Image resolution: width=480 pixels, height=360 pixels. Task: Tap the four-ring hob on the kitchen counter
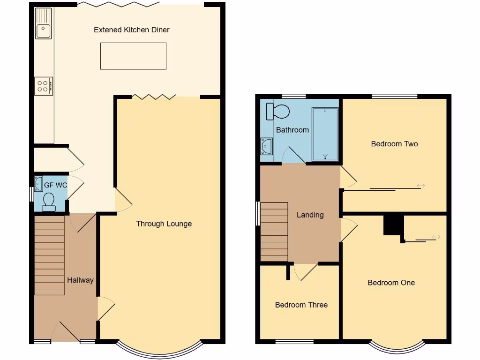click(44, 86)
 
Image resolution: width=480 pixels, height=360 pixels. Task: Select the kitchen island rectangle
click(133, 56)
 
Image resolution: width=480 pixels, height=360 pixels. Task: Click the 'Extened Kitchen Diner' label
click(131, 30)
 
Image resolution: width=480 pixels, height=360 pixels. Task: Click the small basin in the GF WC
click(38, 181)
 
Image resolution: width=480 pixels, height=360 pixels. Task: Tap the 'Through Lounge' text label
click(164, 224)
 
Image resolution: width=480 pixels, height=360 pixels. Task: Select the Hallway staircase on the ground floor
click(49, 255)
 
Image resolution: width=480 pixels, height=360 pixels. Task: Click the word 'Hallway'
click(80, 280)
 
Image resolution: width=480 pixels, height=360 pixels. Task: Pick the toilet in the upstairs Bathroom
click(277, 111)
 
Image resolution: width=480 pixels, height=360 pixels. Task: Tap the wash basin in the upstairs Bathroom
click(266, 146)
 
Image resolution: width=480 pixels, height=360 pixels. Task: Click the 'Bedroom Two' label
click(394, 143)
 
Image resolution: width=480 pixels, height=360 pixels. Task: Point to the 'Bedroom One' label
click(391, 282)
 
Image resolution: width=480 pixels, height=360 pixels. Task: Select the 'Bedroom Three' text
click(301, 305)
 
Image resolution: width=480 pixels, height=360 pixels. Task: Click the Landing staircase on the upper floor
click(274, 232)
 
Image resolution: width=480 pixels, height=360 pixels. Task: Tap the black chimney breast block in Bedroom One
click(393, 225)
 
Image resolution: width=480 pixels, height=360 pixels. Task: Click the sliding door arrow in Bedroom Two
click(420, 186)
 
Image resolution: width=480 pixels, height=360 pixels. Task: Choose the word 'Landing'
click(310, 215)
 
